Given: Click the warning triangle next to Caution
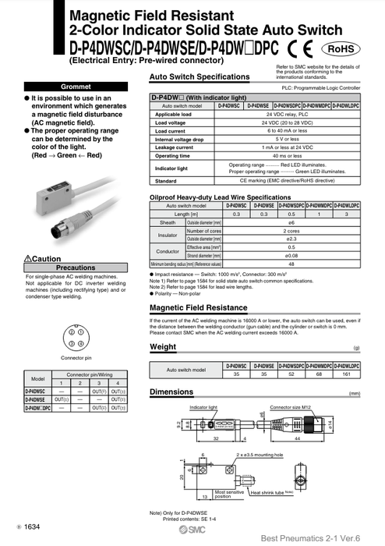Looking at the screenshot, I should point(29,258).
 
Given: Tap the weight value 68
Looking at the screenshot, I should point(319,374).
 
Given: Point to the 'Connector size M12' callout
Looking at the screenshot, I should point(290,407).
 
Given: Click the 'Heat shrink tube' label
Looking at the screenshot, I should point(271,492).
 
